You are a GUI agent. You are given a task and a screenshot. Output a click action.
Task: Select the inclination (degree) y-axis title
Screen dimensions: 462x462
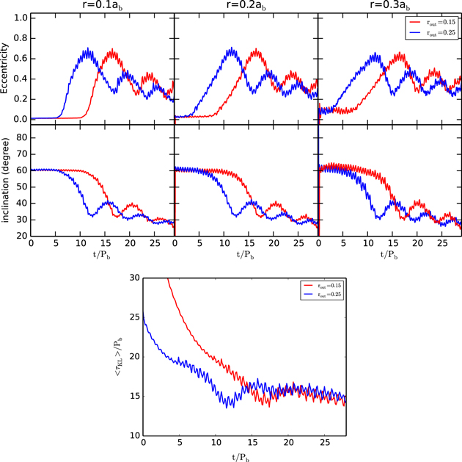[7, 180]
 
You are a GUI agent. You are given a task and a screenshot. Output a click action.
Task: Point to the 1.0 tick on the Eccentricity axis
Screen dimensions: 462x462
[21, 16]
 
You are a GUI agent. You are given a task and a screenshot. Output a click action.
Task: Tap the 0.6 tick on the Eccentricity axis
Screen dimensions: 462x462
[21, 57]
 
